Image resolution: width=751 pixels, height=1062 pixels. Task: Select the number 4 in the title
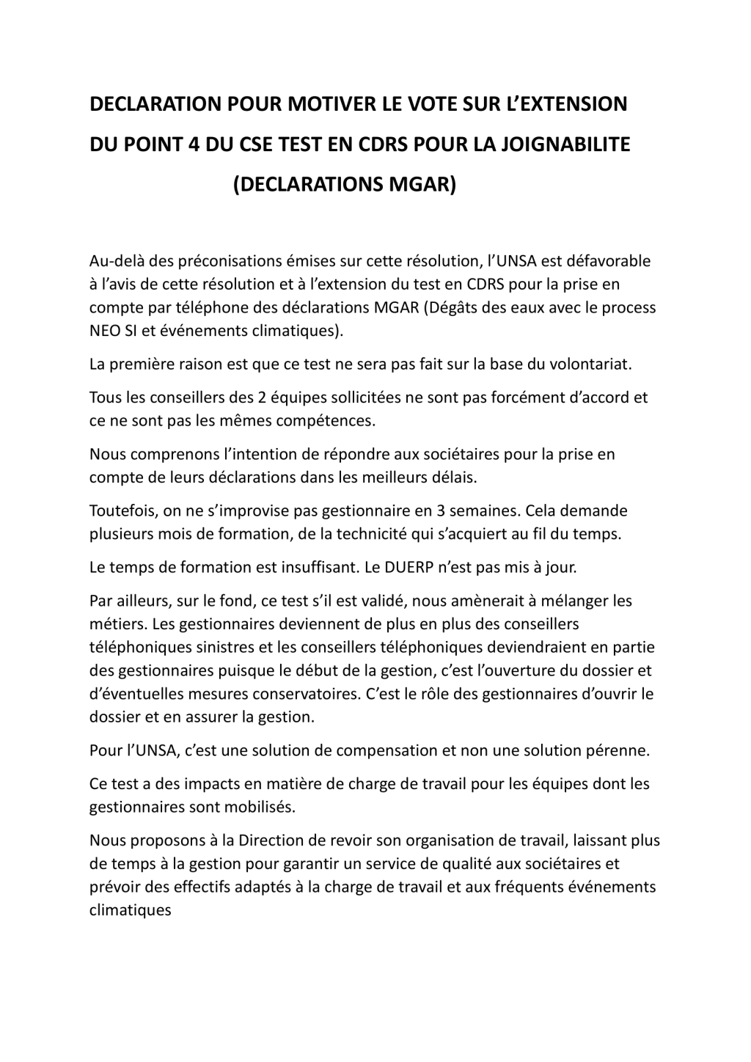[193, 144]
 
